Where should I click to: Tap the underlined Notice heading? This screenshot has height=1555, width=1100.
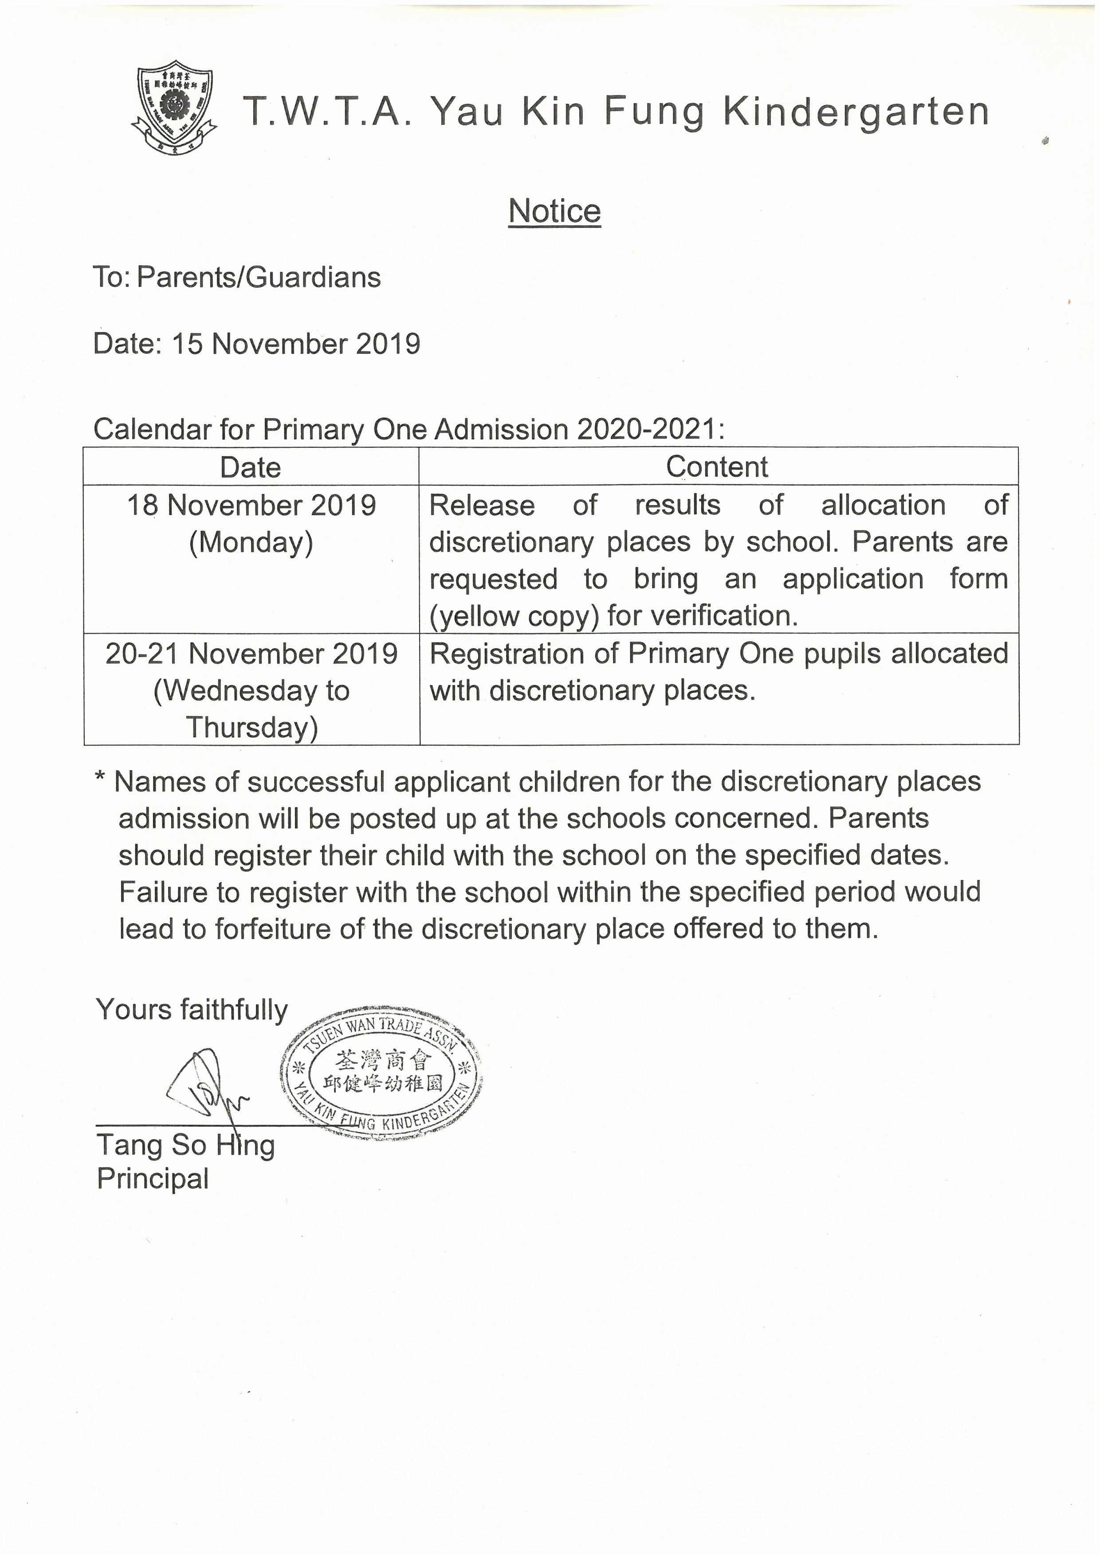click(x=554, y=212)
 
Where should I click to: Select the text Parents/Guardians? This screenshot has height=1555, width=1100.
click(x=259, y=278)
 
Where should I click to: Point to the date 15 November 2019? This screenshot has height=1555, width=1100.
click(x=295, y=344)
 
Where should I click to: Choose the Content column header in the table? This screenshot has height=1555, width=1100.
click(x=717, y=467)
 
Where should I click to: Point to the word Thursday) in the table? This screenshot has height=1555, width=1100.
click(x=252, y=728)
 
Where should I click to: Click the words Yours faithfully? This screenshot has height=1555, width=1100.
click(x=192, y=1010)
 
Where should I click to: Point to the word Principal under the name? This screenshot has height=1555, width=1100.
click(x=153, y=1179)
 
